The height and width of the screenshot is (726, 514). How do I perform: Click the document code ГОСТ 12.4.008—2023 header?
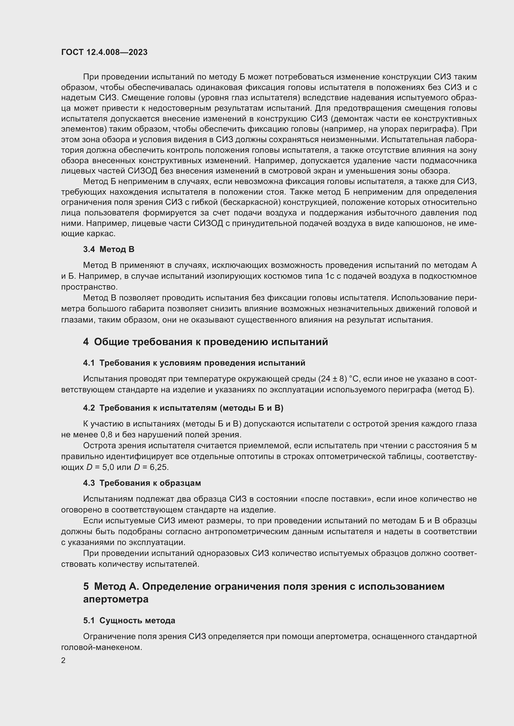click(x=104, y=52)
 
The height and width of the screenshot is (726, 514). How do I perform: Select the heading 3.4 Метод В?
click(x=108, y=250)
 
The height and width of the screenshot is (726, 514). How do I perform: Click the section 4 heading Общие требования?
click(x=205, y=342)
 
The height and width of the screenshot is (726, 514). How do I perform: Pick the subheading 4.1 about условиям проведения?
click(x=194, y=363)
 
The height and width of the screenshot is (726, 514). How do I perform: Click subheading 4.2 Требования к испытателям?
click(x=183, y=408)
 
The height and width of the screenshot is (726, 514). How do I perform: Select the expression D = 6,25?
click(x=151, y=467)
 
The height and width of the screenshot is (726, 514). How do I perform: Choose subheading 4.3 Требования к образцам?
click(x=142, y=483)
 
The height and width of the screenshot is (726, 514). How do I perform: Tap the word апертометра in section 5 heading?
click(x=116, y=599)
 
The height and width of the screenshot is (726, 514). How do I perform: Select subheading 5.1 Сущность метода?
click(x=129, y=620)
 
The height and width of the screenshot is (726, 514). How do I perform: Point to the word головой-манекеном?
click(x=101, y=647)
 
